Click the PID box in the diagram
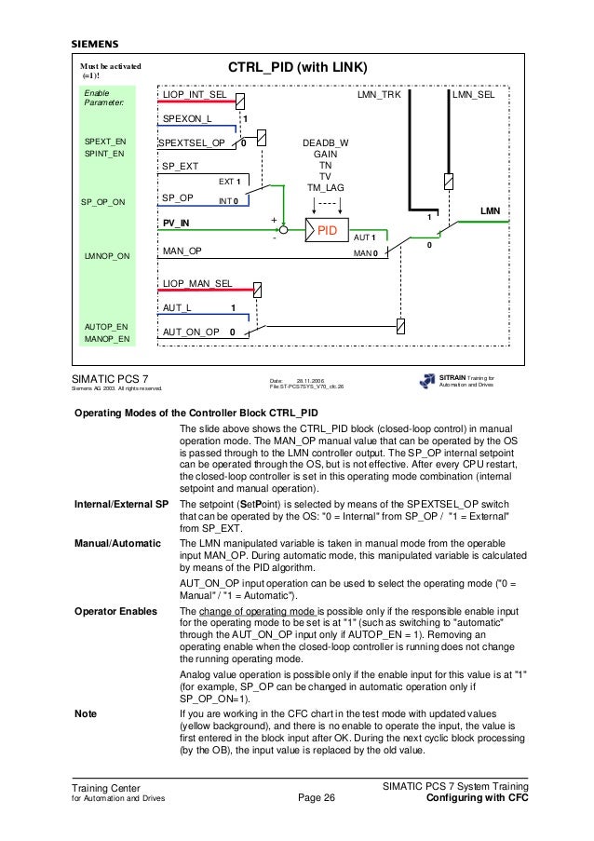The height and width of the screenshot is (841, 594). [x=327, y=229]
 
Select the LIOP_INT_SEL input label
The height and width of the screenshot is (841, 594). [x=195, y=95]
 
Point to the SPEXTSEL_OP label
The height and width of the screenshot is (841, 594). [x=192, y=143]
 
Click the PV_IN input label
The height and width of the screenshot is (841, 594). [x=177, y=224]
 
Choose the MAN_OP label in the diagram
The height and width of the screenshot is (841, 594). [x=182, y=251]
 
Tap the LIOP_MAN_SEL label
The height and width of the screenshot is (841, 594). [x=197, y=283]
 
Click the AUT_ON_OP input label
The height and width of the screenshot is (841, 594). [x=191, y=332]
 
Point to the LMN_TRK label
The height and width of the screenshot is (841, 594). [x=379, y=95]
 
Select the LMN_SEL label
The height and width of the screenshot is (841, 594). [x=473, y=95]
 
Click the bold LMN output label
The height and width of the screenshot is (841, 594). [x=490, y=211]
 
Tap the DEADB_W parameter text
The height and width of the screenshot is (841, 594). [x=326, y=143]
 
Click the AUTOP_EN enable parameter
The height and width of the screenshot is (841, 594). [x=105, y=327]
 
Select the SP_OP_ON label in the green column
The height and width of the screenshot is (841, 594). [x=104, y=200]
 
